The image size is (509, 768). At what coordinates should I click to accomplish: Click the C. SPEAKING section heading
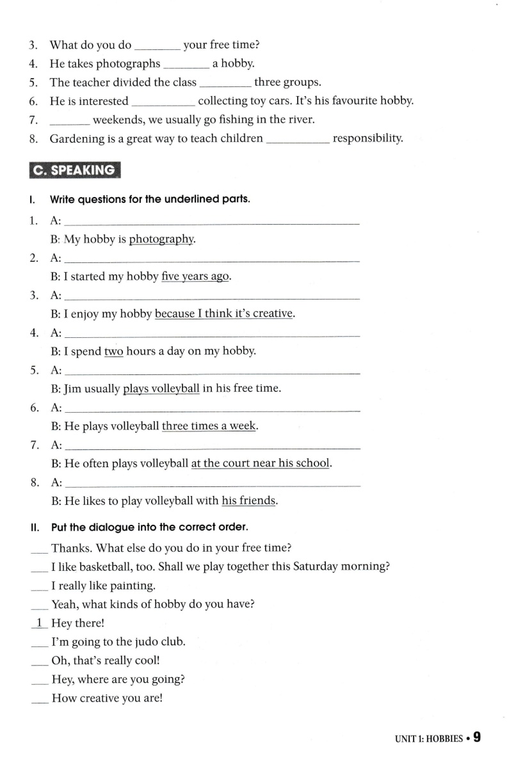click(x=75, y=170)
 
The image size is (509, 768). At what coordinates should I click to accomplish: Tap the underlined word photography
click(x=161, y=239)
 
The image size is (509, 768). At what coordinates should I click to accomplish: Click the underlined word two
click(x=113, y=351)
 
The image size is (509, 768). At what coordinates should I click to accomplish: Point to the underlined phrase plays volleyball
click(x=161, y=388)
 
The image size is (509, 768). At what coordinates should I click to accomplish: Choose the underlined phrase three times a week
click(x=209, y=426)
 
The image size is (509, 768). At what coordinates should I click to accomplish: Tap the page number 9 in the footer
click(x=476, y=737)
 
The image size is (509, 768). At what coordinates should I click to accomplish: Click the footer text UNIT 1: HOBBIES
click(x=429, y=739)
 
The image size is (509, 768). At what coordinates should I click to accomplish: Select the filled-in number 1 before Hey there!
click(x=39, y=623)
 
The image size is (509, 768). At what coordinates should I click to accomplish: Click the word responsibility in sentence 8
click(x=368, y=138)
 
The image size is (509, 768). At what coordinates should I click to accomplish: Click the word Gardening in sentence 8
click(x=75, y=138)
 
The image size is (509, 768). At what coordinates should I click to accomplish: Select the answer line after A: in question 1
click(x=213, y=222)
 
